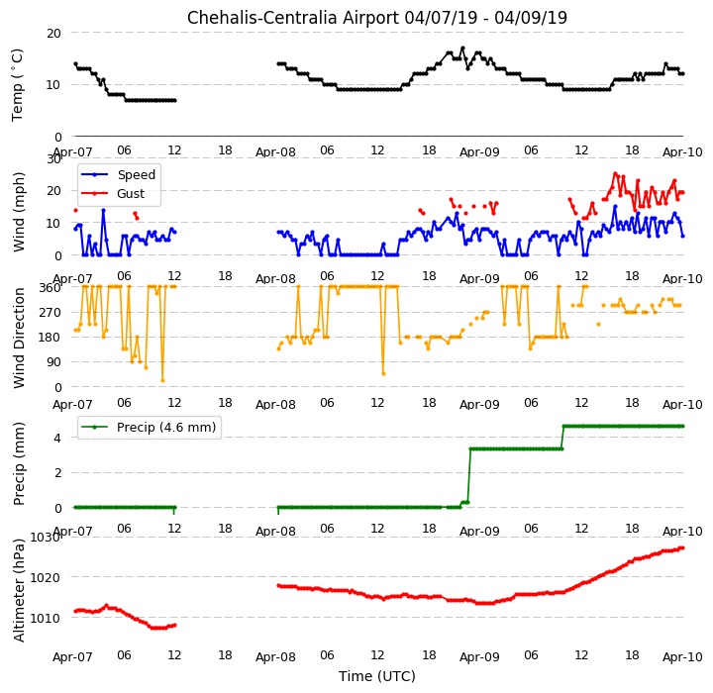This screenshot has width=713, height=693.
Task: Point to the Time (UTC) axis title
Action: [377, 676]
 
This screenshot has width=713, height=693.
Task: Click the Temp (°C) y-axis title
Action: [17, 85]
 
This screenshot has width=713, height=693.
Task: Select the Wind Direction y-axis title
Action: [19, 338]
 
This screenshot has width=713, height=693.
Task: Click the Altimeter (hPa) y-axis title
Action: [19, 590]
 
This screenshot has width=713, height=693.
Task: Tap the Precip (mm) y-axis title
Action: [19, 464]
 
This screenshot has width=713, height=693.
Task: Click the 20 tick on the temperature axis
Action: [53, 34]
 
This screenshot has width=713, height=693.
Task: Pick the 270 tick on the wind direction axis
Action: [51, 313]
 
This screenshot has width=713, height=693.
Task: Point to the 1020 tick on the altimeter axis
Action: [46, 577]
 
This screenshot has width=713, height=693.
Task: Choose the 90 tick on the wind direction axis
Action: [54, 362]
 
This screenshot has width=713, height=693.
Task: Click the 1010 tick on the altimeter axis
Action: [46, 618]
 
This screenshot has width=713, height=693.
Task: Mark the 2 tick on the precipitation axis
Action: [57, 473]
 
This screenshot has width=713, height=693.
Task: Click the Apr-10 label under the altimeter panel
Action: [682, 657]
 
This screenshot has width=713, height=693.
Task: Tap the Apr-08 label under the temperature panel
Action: [275, 151]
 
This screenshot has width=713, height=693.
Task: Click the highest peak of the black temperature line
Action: [462, 48]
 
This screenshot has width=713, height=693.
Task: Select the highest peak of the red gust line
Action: [615, 173]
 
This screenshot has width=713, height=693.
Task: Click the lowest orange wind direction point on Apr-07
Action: [162, 380]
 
